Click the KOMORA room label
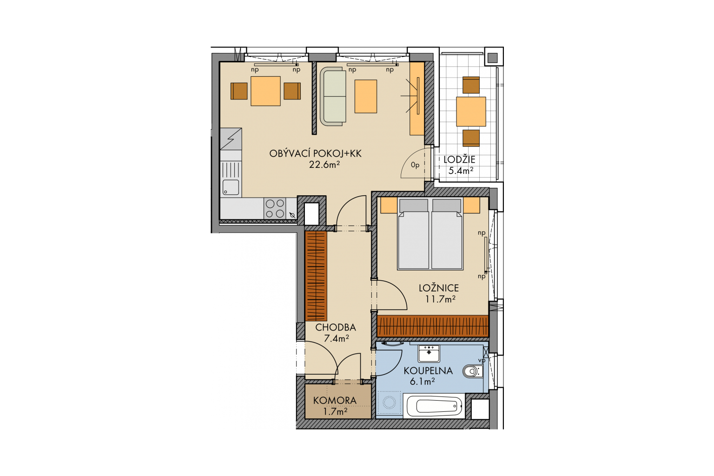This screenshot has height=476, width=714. [335, 400]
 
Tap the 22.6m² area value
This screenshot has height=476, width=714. [324, 165]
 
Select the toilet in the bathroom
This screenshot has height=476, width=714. [473, 371]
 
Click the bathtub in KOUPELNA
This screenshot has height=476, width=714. [434, 406]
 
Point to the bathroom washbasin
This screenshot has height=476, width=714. [429, 354]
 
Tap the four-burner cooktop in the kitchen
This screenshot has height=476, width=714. [275, 209]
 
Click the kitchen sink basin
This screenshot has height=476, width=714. [231, 187]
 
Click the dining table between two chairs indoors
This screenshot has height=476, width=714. [265, 91]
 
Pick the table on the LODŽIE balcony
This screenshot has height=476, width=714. [471, 112]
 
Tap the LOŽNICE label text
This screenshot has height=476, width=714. [439, 288]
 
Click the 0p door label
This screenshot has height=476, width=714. [415, 165]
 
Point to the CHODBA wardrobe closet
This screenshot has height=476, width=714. [316, 276]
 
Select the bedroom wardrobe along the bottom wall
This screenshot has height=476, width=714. [433, 326]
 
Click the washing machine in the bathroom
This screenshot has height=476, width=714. [389, 403]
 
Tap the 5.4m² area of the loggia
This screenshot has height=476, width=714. [461, 171]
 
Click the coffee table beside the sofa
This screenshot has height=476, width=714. [366, 96]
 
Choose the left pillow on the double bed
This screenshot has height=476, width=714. [414, 205]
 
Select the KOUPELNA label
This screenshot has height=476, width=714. [428, 370]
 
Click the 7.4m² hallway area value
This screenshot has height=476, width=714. [336, 338]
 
